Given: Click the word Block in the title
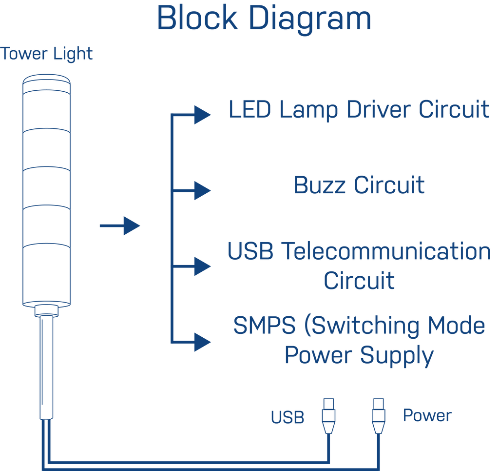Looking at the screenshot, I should coord(197,18).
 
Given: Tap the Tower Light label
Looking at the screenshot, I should coord(47,54).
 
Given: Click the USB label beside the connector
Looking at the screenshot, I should coord(288,417).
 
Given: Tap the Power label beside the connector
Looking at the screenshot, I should coord(427,416).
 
